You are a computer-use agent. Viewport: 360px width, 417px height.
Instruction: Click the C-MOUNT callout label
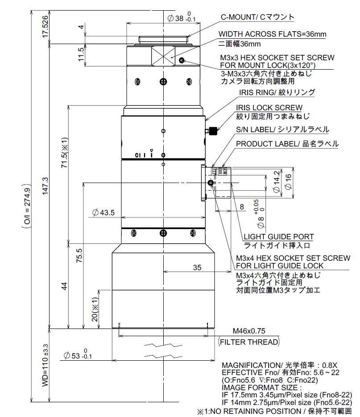258,17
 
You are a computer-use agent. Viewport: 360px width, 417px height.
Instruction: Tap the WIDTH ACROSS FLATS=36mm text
272,34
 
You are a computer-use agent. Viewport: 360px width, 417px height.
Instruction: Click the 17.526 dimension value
45,28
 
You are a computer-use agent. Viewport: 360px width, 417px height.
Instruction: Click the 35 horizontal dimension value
197,267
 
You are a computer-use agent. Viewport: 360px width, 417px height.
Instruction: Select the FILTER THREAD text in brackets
249,342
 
